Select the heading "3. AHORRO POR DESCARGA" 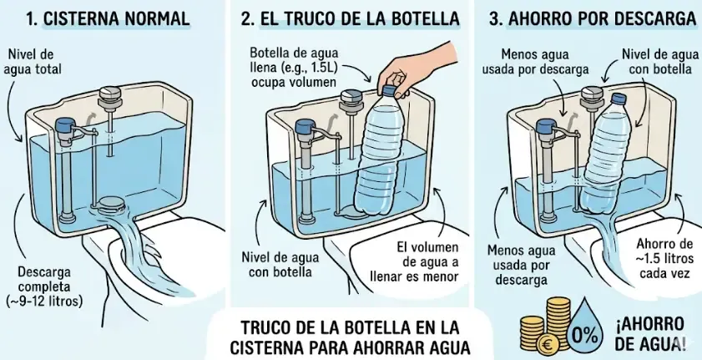pyautogui.click(x=592, y=18)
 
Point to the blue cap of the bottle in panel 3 pyautogui.click(x=618, y=100)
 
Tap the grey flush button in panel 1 pyautogui.click(x=109, y=94)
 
